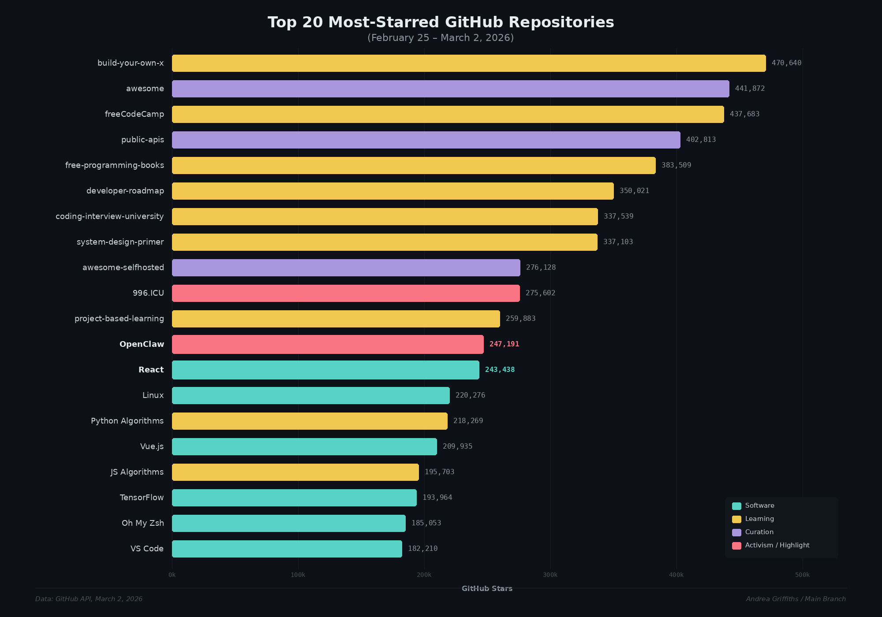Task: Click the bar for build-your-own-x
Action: tap(469, 63)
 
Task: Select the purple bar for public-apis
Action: tap(426, 140)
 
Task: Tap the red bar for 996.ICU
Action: tap(346, 293)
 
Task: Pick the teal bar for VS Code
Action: tap(287, 549)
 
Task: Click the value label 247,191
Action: tap(504, 344)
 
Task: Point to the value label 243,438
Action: tap(500, 370)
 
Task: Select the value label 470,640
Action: tap(786, 63)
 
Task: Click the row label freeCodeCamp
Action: tap(134, 114)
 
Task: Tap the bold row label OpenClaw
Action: tap(142, 344)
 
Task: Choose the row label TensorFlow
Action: tap(142, 498)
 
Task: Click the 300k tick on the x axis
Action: tap(550, 575)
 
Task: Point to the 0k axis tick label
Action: tap(172, 575)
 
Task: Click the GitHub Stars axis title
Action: tap(487, 589)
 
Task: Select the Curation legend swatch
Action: tap(736, 532)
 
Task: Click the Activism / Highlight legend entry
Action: tap(777, 546)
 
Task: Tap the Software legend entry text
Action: tap(759, 506)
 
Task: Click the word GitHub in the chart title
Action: tap(474, 22)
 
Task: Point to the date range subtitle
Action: tap(441, 38)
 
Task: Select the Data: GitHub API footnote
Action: tap(89, 599)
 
